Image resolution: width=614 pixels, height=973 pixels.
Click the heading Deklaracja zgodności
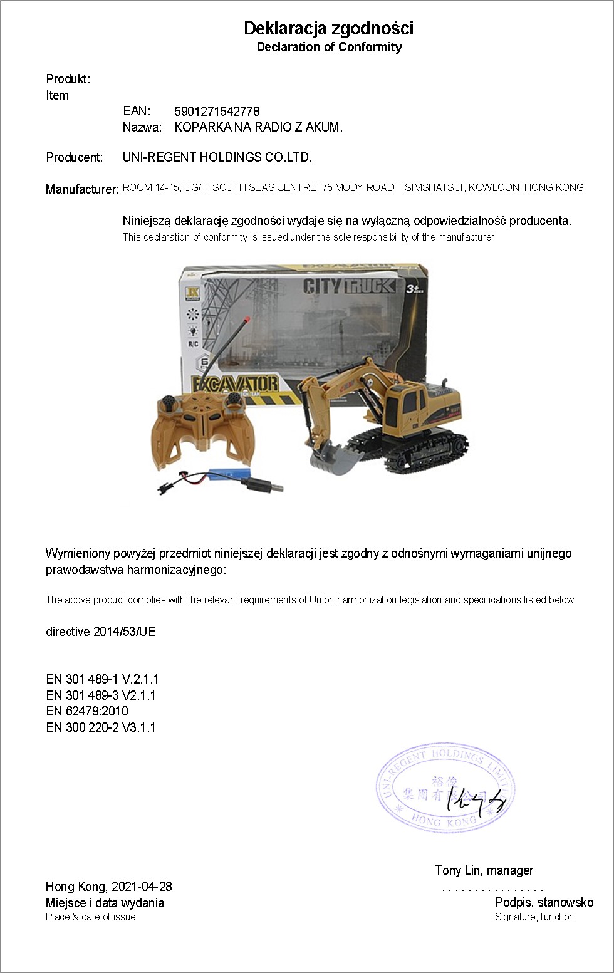click(x=328, y=28)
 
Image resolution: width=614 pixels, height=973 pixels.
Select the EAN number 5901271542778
click(x=217, y=112)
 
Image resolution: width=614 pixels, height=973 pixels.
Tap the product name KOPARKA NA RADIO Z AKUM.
click(x=258, y=127)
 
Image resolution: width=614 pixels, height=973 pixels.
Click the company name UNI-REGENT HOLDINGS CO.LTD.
click(x=217, y=157)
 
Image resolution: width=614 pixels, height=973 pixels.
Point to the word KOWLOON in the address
click(x=494, y=187)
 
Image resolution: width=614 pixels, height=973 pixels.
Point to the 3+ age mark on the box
click(x=412, y=288)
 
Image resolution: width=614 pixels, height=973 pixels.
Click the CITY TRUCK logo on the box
click(x=349, y=286)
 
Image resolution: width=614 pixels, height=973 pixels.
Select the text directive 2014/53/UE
click(x=101, y=632)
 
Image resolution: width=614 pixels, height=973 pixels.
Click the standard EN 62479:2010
click(x=87, y=711)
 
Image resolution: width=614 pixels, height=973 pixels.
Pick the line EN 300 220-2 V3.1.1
click(x=101, y=727)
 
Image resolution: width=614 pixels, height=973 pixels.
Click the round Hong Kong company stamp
click(x=445, y=788)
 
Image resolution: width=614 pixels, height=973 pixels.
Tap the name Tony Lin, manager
click(x=484, y=870)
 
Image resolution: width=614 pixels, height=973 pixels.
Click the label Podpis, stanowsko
click(x=544, y=902)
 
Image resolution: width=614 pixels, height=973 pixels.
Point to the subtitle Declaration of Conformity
click(x=329, y=47)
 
